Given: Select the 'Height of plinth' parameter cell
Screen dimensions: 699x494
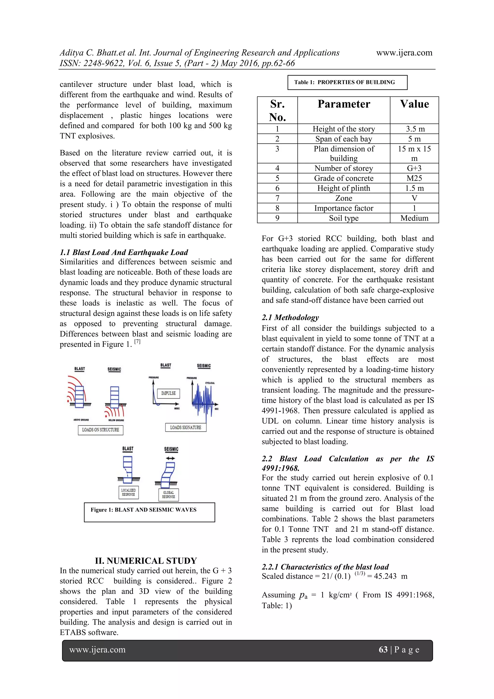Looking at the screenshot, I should coord(343,188).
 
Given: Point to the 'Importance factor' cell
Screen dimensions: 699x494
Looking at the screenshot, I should coord(343,208).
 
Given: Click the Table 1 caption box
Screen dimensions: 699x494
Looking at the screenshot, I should coord(347,82).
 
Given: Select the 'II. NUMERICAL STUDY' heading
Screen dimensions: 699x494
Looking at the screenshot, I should coord(146,560).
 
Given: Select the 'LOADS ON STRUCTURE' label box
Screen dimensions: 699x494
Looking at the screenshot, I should coord(100,430).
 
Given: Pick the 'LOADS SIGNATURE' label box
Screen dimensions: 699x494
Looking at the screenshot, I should coord(185,427).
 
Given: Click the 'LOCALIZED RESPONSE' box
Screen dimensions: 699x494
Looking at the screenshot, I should coord(128,492).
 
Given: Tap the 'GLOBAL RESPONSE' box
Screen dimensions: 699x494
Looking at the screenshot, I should coord(169,495).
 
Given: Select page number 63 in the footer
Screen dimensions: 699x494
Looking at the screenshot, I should coord(383,650).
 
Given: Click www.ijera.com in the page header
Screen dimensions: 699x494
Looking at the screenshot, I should coord(404,53).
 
